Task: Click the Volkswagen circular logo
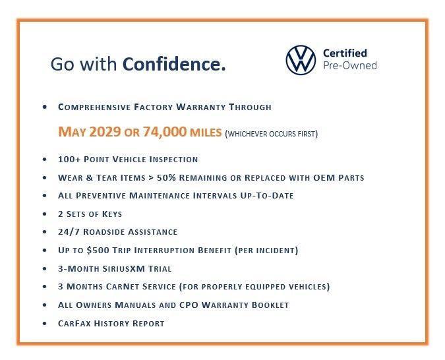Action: click(301, 59)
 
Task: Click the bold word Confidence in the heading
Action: click(174, 65)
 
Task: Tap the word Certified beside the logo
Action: click(344, 53)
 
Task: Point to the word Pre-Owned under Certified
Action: click(349, 66)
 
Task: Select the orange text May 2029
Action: click(90, 132)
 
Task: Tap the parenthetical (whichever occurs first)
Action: click(272, 134)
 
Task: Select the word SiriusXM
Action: click(123, 269)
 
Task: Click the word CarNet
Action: click(125, 287)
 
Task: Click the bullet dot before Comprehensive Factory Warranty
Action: click(44, 107)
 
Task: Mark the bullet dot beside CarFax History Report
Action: click(44, 324)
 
